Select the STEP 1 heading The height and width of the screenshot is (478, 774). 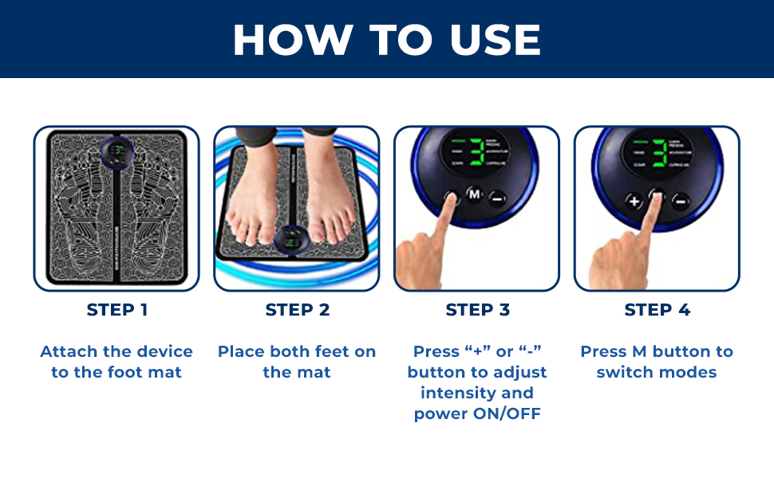[116, 310]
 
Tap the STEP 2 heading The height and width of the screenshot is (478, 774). [297, 310]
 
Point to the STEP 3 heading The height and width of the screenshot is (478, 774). [477, 310]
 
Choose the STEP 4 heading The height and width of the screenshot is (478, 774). [657, 310]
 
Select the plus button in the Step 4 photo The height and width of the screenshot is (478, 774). [634, 201]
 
